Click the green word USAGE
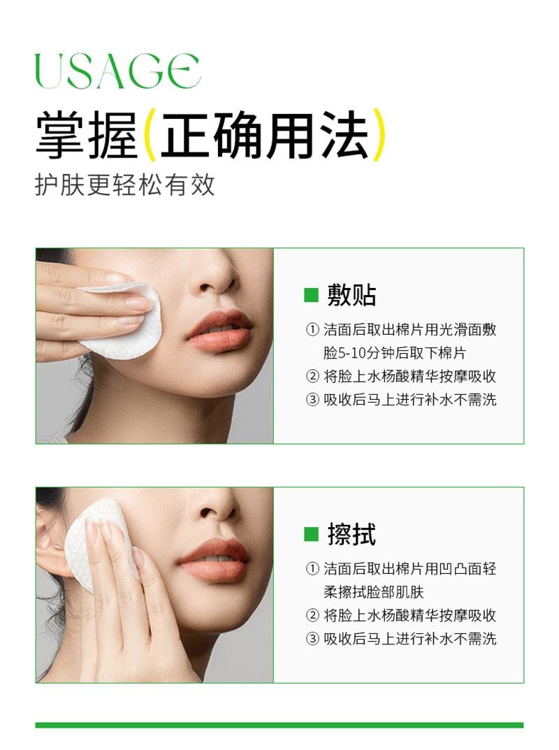click(x=117, y=71)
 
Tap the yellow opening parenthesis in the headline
click(x=148, y=136)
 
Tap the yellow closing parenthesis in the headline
click(x=378, y=136)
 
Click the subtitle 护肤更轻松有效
click(x=125, y=185)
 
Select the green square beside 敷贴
click(x=311, y=295)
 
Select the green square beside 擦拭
click(x=311, y=535)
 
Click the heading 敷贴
click(x=351, y=295)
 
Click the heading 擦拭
click(x=351, y=535)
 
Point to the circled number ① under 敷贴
click(x=312, y=330)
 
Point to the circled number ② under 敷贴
click(x=312, y=376)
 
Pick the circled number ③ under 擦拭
click(x=312, y=638)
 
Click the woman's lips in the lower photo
click(x=213, y=559)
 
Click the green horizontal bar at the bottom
click(x=279, y=725)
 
